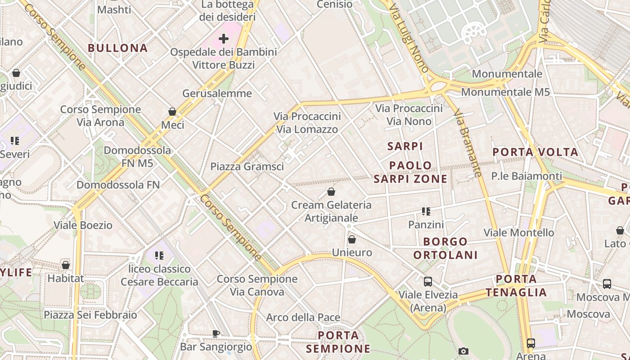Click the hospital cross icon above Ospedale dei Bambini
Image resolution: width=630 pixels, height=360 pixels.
pyautogui.click(x=224, y=38)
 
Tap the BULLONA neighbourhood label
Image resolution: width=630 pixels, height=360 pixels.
pyautogui.click(x=118, y=48)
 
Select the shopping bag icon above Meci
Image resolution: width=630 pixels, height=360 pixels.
pyautogui.click(x=172, y=111)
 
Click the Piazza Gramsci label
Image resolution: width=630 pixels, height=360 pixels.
pyautogui.click(x=247, y=166)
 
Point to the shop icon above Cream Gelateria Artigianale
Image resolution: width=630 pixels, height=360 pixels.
pyautogui.click(x=331, y=192)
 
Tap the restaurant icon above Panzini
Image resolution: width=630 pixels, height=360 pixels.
pyautogui.click(x=426, y=211)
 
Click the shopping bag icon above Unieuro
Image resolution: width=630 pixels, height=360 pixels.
pyautogui.click(x=352, y=239)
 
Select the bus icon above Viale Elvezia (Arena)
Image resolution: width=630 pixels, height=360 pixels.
pyautogui.click(x=428, y=282)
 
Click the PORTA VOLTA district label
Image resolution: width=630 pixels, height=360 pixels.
pyautogui.click(x=535, y=152)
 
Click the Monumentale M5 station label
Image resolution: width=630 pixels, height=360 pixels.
pyautogui.click(x=505, y=92)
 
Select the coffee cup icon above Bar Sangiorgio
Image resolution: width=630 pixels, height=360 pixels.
pyautogui.click(x=216, y=333)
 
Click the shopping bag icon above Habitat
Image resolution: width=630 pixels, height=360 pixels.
pyautogui.click(x=66, y=265)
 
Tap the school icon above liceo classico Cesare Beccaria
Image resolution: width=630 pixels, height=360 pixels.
pyautogui.click(x=159, y=256)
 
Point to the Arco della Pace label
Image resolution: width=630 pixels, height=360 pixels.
pyautogui.click(x=303, y=317)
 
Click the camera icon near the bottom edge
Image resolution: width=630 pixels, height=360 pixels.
pyautogui.click(x=463, y=351)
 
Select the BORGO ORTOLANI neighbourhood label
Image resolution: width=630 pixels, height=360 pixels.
pyautogui.click(x=445, y=248)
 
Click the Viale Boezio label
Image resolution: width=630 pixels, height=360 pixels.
pyautogui.click(x=83, y=225)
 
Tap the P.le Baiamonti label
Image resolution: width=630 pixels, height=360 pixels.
pyautogui.click(x=526, y=176)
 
